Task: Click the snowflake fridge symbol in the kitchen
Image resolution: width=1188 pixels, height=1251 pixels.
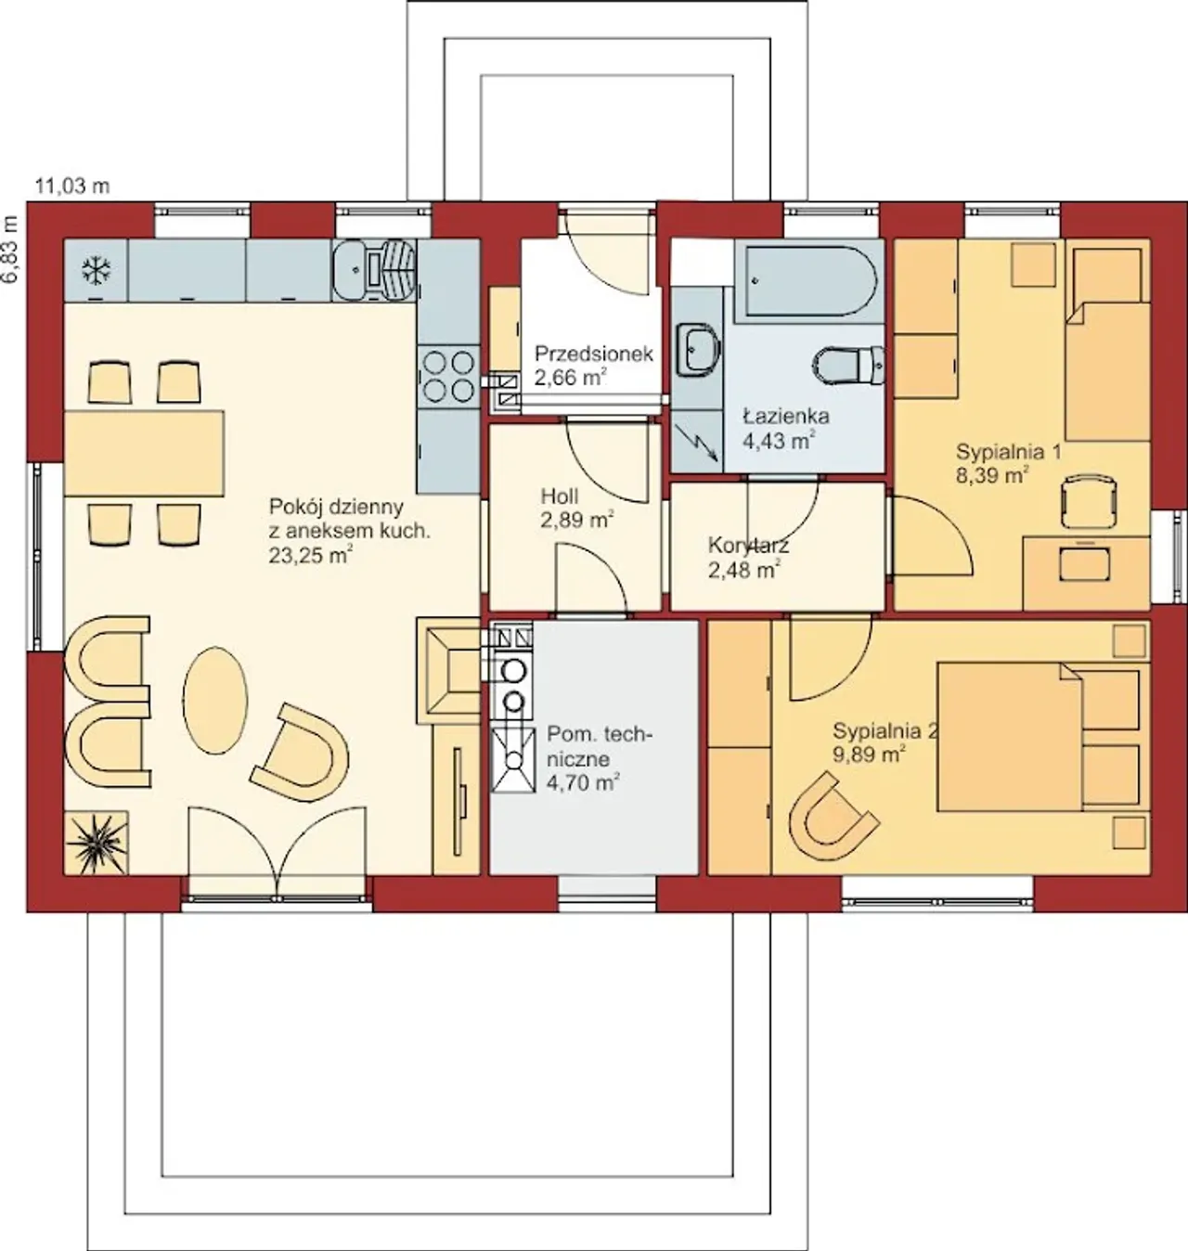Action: [97, 270]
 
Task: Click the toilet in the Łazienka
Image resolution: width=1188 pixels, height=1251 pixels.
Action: [848, 366]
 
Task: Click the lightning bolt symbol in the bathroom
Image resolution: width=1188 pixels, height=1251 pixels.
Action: [698, 441]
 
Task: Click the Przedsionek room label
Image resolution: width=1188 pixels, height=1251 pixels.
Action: [593, 354]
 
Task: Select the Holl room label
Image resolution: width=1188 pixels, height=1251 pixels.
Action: [560, 497]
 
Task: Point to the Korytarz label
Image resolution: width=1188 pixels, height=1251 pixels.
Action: [748, 546]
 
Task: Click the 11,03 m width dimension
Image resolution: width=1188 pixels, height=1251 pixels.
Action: [72, 187]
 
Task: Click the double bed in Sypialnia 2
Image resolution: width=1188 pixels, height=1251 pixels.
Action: [1043, 737]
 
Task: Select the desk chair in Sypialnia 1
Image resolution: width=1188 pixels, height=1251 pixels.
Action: [1089, 503]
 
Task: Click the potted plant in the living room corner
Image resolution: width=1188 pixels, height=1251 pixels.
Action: [97, 843]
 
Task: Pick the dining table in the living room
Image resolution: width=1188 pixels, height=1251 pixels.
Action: [144, 453]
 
